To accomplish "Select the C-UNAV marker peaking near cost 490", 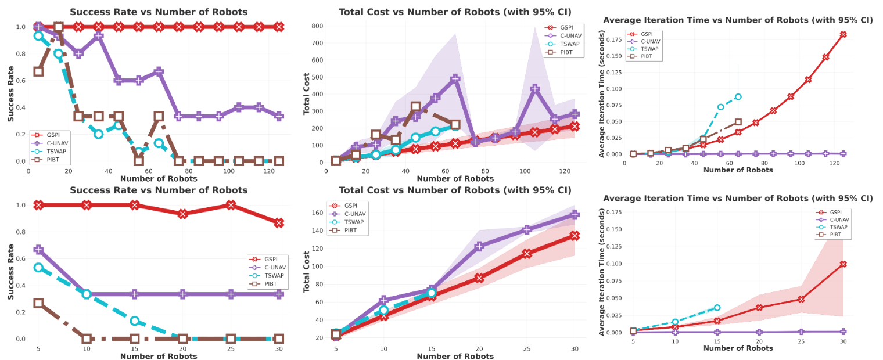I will pos(455,78).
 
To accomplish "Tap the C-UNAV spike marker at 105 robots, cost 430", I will pos(535,89).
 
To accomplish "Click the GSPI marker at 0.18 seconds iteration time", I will pos(843,35).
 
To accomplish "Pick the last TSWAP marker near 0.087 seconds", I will pos(738,97).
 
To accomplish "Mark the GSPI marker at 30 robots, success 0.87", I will pos(279,223).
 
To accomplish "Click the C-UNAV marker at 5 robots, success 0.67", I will pos(38,250).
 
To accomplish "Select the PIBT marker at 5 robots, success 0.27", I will pos(38,303).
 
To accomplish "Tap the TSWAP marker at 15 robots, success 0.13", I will pos(135,321).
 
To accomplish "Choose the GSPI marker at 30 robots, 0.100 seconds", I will pos(843,264).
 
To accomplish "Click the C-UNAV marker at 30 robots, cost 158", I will pos(575,215).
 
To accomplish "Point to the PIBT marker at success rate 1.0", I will pos(58,27).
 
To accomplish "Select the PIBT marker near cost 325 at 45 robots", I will pos(416,107).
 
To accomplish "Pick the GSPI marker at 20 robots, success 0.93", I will pos(183,214).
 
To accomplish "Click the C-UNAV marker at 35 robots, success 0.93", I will pos(99,36).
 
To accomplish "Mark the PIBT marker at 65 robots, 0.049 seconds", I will pos(738,122).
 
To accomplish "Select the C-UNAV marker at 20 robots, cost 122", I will pos(479,246).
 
